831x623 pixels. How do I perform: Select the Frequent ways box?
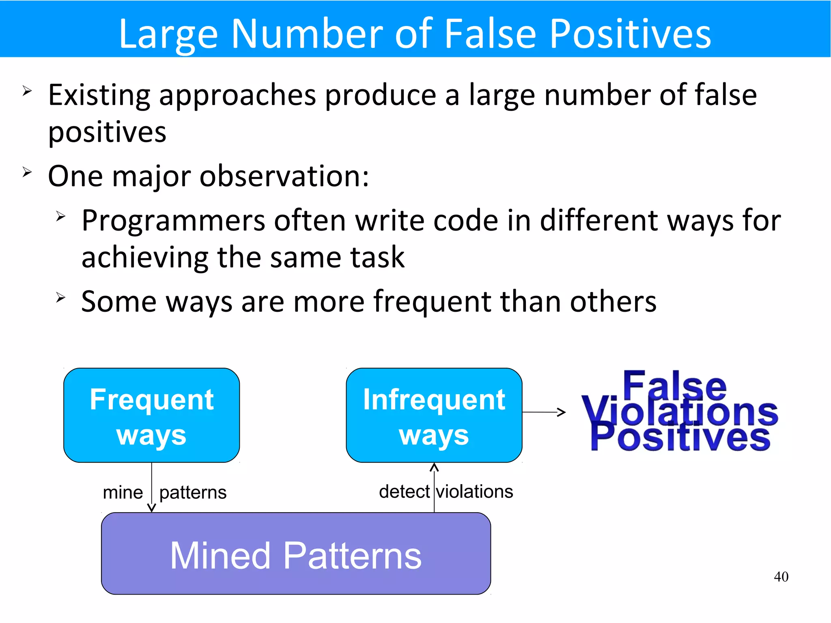click(x=151, y=415)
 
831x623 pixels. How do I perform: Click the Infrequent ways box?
click(x=434, y=415)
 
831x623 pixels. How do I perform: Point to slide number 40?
click(x=781, y=577)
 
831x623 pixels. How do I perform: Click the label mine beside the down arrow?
click(x=123, y=493)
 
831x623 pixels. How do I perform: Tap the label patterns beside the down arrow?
click(x=193, y=493)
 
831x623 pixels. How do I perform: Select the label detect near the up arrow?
click(x=404, y=492)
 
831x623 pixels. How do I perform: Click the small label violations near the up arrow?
click(x=474, y=492)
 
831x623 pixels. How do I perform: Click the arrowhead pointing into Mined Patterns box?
click(x=151, y=508)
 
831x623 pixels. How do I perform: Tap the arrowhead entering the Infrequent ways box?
click(x=434, y=468)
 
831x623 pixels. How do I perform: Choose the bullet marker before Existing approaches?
click(x=27, y=91)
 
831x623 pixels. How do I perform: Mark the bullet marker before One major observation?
click(x=27, y=172)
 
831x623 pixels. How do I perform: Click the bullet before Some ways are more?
click(x=60, y=298)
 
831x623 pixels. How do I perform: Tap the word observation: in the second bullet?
click(x=284, y=177)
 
